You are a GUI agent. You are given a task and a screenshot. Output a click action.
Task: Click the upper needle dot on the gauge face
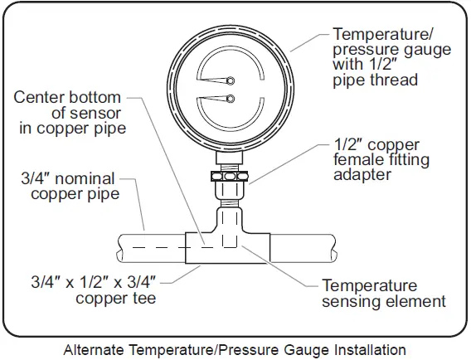click(231, 81)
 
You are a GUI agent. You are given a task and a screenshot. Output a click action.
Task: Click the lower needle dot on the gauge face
click(231, 100)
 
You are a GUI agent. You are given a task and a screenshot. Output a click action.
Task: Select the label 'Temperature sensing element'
click(383, 293)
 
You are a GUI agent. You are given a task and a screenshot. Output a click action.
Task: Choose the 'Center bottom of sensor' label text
click(71, 113)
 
